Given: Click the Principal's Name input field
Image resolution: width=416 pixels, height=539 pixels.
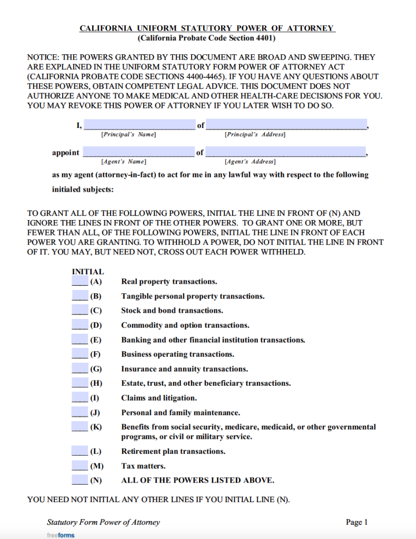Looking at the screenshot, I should click(139, 125).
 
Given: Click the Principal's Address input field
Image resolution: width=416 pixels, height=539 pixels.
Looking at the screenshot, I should click(286, 125).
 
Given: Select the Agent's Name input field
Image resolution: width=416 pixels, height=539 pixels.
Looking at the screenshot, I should click(139, 152).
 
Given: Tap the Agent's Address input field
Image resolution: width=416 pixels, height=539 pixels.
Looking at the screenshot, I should click(286, 152).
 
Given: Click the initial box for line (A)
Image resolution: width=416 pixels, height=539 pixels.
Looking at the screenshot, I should click(80, 281).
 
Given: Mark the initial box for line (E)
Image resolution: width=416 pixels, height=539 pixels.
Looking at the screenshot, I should click(80, 340).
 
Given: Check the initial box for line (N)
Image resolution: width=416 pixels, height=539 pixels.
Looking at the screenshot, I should click(80, 480).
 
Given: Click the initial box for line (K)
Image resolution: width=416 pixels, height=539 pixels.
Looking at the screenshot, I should click(80, 426).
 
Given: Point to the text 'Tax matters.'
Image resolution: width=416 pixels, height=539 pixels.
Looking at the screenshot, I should click(143, 466).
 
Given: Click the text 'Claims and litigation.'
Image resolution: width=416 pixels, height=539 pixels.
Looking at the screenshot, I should click(159, 398).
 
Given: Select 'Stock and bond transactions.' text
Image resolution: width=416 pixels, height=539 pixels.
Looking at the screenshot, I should click(172, 311).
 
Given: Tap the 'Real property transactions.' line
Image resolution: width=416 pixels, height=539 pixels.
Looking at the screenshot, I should click(169, 282).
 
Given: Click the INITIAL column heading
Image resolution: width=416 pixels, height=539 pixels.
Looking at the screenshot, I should click(88, 272).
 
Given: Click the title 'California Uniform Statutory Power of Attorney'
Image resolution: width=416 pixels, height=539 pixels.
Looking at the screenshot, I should click(207, 28).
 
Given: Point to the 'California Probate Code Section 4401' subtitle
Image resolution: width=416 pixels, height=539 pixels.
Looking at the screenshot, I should click(207, 38).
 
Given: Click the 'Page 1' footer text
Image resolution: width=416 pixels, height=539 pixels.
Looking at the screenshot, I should click(356, 522).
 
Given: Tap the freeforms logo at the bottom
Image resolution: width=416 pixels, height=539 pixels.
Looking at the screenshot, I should click(61, 535).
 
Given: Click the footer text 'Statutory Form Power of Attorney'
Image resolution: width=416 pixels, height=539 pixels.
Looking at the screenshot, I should click(103, 522).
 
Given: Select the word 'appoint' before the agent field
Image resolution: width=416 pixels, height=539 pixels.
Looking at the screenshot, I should click(66, 153).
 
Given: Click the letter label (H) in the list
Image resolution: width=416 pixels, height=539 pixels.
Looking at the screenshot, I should click(96, 384).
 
